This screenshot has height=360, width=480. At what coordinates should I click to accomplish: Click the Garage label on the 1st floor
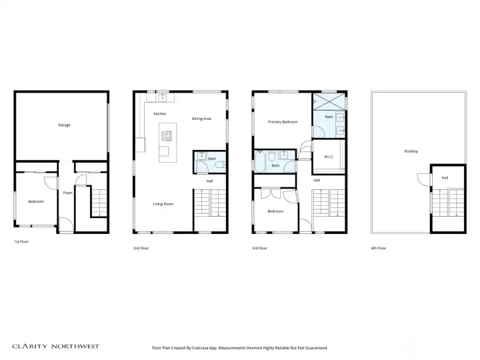pos(64,125)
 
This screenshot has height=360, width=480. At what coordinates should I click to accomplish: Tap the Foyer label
pos(67,193)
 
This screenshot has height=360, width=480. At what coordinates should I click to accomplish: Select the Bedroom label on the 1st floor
pos(35,201)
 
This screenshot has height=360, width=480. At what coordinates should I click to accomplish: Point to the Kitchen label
pos(159,114)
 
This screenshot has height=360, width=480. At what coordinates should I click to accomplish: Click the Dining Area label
pos(201,119)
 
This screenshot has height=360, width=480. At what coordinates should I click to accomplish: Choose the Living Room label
pos(163,204)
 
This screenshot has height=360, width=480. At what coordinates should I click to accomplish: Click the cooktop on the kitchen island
pos(166,137)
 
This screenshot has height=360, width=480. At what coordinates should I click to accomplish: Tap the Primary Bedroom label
pos(282,122)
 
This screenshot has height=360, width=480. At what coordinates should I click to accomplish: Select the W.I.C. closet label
pos(329,157)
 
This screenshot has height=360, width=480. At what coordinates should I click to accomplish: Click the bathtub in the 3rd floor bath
pos(261,161)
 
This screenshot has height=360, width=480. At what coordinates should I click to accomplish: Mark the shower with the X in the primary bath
pos(329,101)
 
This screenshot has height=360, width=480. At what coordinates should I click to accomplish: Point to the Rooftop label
pos(411,151)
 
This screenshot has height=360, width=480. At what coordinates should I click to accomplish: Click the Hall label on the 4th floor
pos(445,177)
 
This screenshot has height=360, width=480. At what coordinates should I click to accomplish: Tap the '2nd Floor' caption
pos(141,248)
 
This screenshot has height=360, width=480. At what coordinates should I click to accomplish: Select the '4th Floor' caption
pos(378,248)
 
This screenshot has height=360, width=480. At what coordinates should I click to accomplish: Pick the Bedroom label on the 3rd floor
pos(275,211)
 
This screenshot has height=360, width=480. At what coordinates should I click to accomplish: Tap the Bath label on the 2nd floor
pos(212,159)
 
